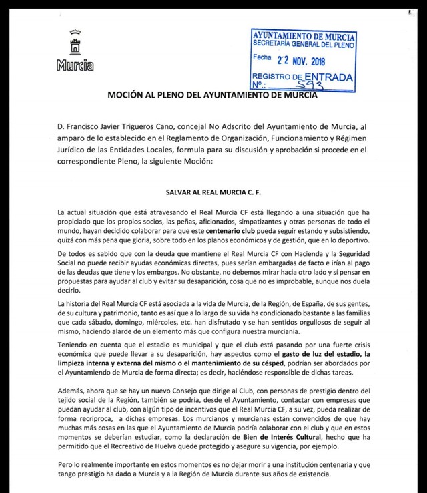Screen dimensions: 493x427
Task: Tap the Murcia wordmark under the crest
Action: pos(75,66)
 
